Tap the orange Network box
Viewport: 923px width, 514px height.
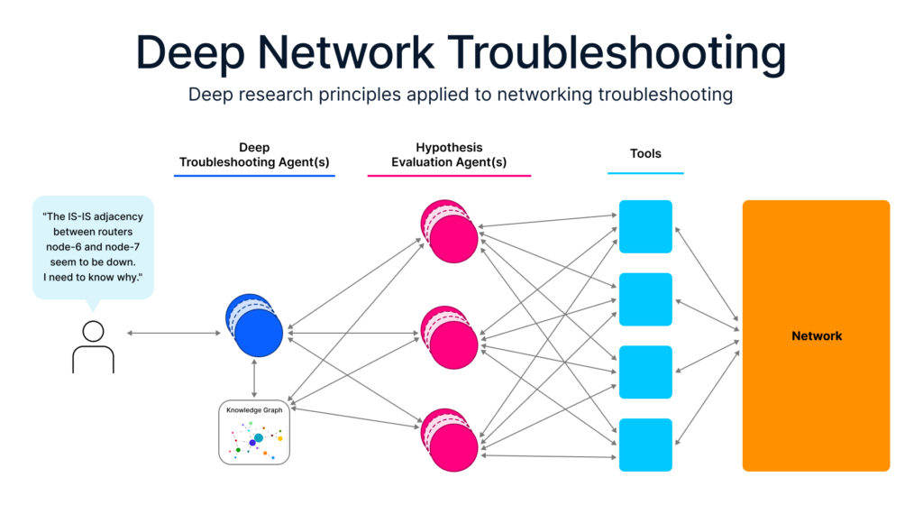click(x=816, y=335)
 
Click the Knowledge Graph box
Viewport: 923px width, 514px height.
click(x=254, y=432)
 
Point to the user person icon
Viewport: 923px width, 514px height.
click(x=93, y=346)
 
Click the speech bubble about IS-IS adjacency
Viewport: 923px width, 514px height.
click(x=93, y=246)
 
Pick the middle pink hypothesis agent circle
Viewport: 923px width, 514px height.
click(x=451, y=339)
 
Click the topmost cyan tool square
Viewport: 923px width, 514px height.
click(x=645, y=226)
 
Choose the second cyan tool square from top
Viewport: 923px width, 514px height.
click(x=645, y=299)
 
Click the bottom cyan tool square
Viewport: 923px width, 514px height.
click(x=645, y=445)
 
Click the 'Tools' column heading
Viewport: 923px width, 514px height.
click(x=645, y=154)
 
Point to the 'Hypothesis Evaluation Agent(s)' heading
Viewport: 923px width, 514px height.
click(x=449, y=154)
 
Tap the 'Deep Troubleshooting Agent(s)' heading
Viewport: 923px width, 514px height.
click(x=254, y=154)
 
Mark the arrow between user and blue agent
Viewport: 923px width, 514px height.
click(x=173, y=334)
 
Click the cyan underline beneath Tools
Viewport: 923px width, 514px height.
click(x=645, y=173)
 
